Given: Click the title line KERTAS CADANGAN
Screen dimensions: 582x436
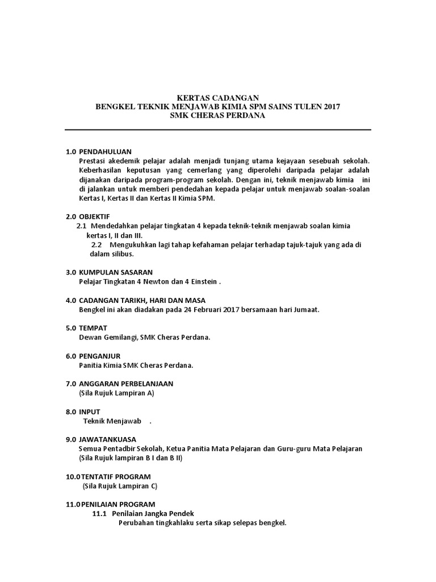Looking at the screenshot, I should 217,98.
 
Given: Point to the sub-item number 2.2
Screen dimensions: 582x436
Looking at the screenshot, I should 97,245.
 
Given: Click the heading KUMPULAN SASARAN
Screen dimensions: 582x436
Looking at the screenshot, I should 116,272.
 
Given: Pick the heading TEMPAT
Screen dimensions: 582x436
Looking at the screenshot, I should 93,328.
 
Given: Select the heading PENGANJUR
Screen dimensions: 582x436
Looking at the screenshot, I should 99,356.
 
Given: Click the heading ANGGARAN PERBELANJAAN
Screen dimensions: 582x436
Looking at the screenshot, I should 126,384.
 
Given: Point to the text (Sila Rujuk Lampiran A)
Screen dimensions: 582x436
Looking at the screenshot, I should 116,393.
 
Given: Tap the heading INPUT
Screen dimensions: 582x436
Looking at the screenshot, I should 90,411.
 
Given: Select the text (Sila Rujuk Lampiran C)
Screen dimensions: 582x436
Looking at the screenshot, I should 120,486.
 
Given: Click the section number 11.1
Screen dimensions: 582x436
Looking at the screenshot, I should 99,513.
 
